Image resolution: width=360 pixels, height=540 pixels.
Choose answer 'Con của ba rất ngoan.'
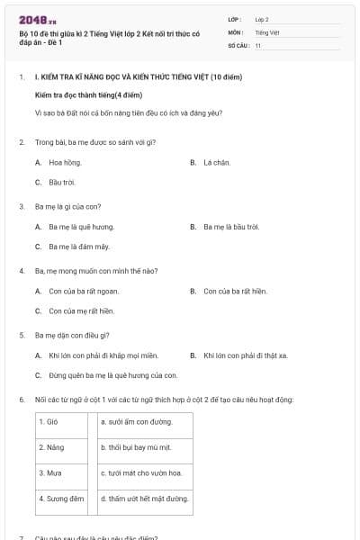click(84, 291)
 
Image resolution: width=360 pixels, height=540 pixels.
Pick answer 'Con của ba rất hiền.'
click(236, 291)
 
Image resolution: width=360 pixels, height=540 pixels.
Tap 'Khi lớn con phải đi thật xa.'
click(246, 355)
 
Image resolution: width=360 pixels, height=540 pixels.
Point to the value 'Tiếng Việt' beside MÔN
click(267, 31)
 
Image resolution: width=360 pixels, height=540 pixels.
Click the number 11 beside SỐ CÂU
click(258, 44)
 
